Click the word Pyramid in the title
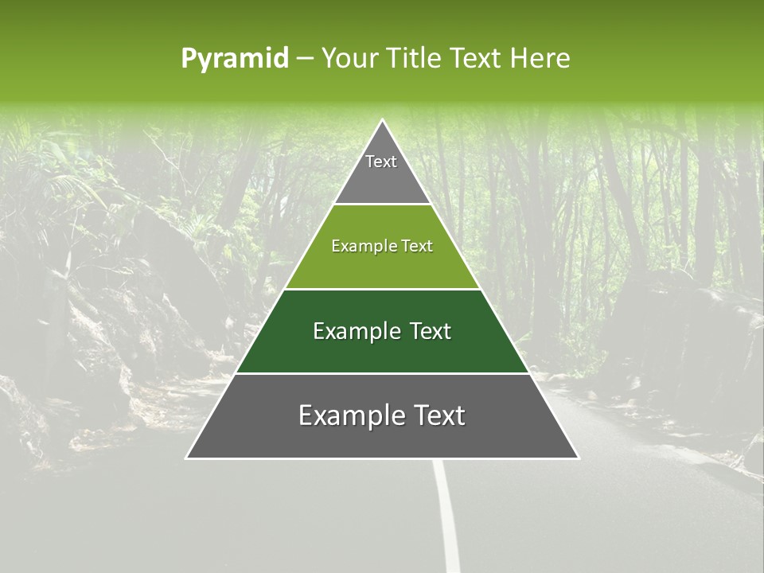(x=235, y=58)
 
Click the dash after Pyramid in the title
(x=305, y=59)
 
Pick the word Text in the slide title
(x=476, y=58)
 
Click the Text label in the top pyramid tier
(x=381, y=162)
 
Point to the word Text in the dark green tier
(x=431, y=331)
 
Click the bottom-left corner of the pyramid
(x=187, y=458)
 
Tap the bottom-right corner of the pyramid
(x=578, y=458)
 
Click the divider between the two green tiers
(x=383, y=289)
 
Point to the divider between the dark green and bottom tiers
(x=383, y=373)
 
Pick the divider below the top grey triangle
(x=383, y=205)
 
